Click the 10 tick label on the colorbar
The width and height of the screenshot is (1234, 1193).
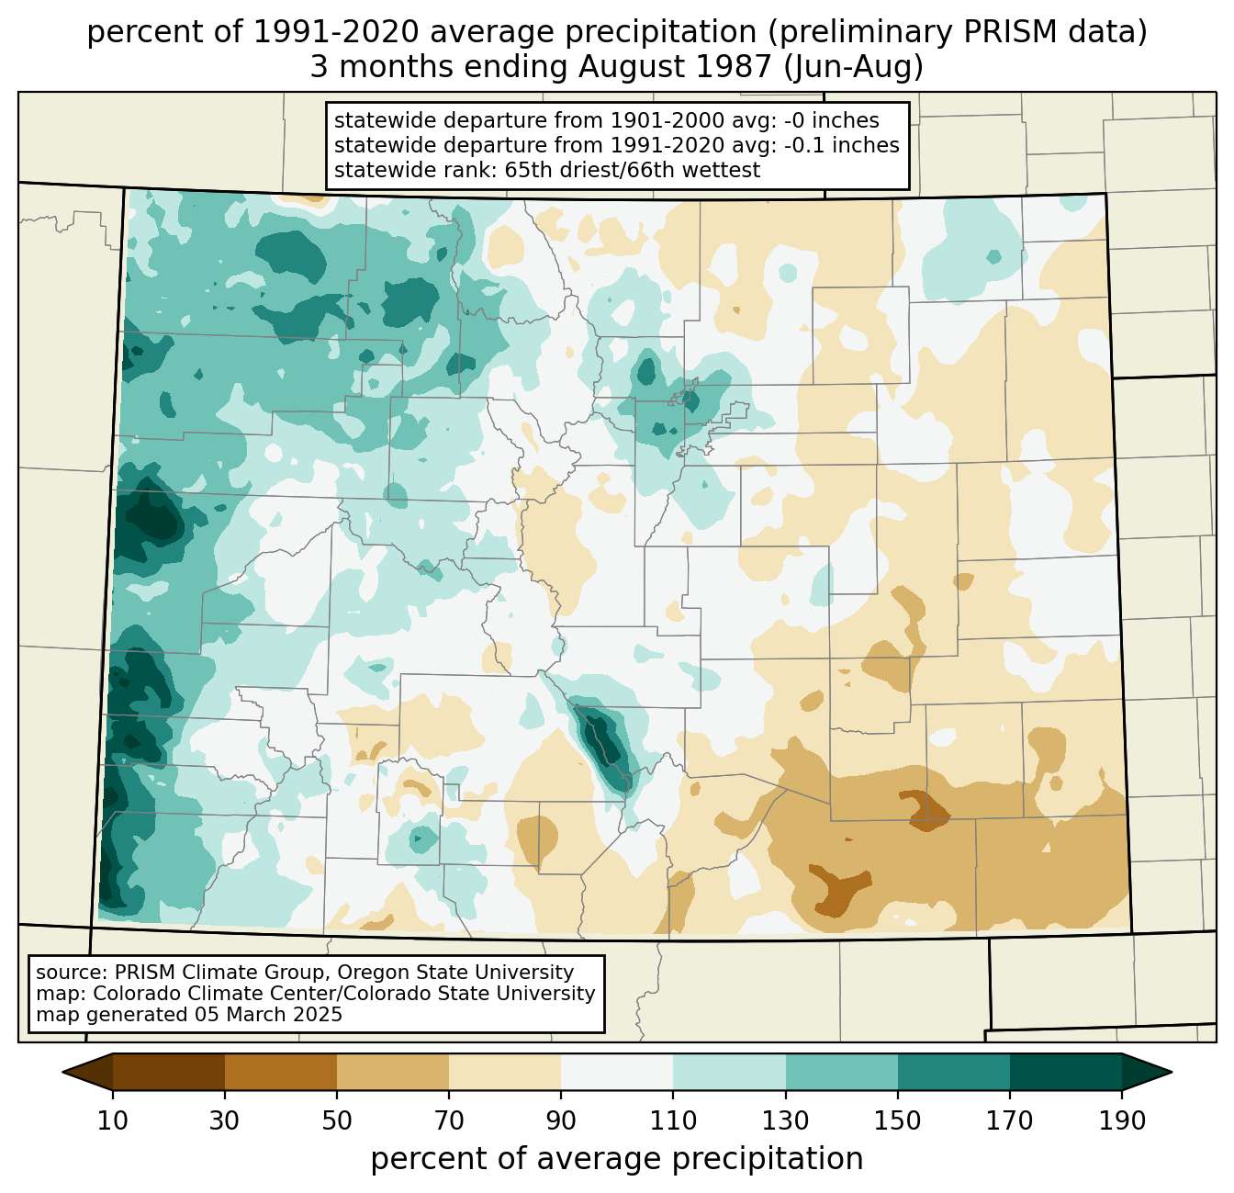(x=113, y=1120)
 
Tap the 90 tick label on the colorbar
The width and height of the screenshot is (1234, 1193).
(x=561, y=1120)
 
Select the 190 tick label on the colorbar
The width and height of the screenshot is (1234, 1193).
(x=1121, y=1120)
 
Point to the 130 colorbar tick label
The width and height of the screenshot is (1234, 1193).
(x=785, y=1120)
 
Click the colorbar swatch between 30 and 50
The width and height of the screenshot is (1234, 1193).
(x=281, y=1072)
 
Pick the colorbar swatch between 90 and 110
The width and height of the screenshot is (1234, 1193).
(x=617, y=1072)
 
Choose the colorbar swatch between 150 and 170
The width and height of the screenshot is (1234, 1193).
(x=953, y=1072)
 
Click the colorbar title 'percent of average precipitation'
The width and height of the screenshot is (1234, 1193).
(x=617, y=1159)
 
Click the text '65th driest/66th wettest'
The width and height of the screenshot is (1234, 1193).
(x=633, y=170)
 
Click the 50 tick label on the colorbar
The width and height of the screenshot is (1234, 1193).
(x=337, y=1120)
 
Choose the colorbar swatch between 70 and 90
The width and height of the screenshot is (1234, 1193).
(x=505, y=1072)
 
